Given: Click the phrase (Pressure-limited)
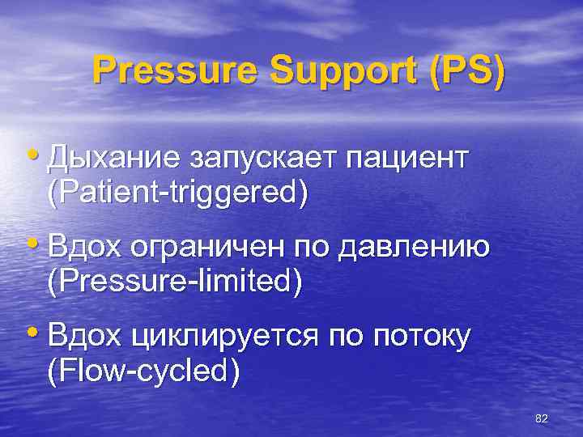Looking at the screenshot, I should (175, 282).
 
